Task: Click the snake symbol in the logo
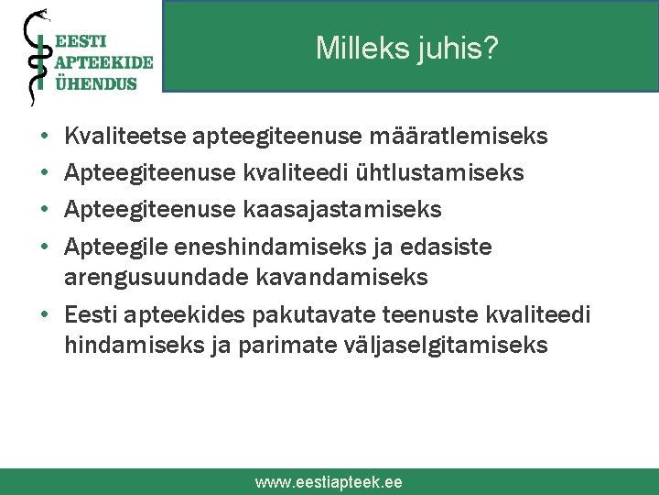[37, 55]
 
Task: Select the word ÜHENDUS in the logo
[96, 82]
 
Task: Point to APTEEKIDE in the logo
[104, 62]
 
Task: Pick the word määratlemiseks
[459, 137]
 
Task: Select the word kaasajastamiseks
[342, 209]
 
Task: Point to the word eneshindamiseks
[256, 247]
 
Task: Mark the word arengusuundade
[143, 276]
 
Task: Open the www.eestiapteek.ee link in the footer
[329, 482]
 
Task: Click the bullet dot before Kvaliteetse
[45, 137]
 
